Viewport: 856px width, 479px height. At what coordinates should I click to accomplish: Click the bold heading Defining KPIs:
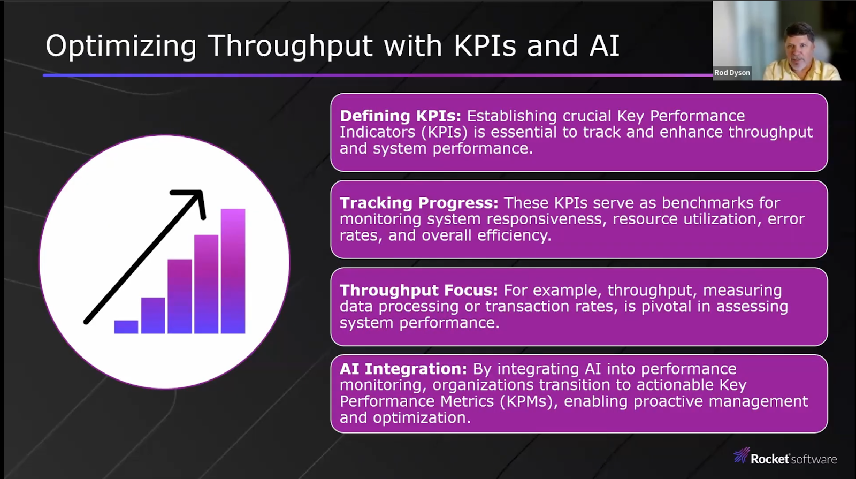pyautogui.click(x=401, y=116)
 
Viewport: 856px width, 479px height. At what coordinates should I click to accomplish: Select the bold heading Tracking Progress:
pyautogui.click(x=419, y=203)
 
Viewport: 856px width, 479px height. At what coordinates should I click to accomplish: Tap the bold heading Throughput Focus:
pyautogui.click(x=419, y=291)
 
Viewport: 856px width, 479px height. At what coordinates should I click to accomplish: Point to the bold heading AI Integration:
pyautogui.click(x=403, y=369)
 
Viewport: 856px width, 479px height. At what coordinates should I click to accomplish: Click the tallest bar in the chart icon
pyautogui.click(x=233, y=271)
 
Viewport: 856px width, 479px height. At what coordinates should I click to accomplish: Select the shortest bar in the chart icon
pyautogui.click(x=126, y=327)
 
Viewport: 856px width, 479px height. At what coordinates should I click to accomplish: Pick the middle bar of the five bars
pyautogui.click(x=180, y=296)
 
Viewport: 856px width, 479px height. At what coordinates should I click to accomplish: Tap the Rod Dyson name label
pyautogui.click(x=732, y=73)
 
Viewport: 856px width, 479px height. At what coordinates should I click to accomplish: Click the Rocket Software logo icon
pyautogui.click(x=742, y=455)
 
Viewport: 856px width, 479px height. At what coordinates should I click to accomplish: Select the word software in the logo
pyautogui.click(x=814, y=459)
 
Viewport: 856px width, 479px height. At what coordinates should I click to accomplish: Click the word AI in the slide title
pyautogui.click(x=604, y=46)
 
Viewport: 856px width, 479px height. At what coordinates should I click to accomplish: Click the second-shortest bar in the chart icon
pyautogui.click(x=153, y=315)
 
